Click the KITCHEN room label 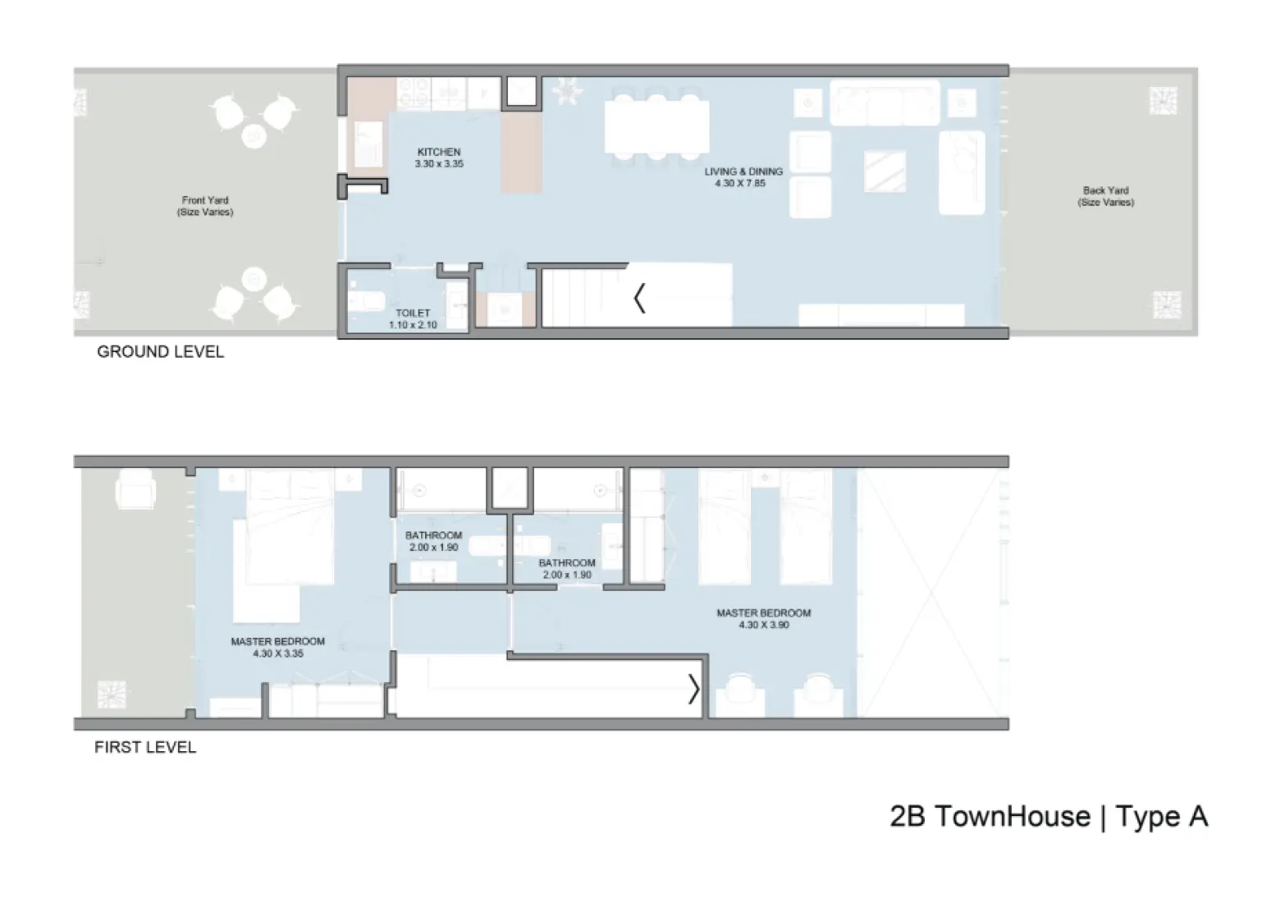pyautogui.click(x=439, y=152)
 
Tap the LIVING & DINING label pyautogui.click(x=743, y=172)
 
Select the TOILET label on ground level pyautogui.click(x=413, y=313)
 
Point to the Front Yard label pyautogui.click(x=205, y=200)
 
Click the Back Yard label pyautogui.click(x=1105, y=190)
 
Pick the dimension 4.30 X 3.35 pyautogui.click(x=278, y=653)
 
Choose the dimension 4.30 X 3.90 pyautogui.click(x=763, y=625)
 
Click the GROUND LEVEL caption pyautogui.click(x=160, y=351)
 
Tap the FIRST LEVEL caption pyautogui.click(x=145, y=747)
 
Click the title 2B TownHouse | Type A pyautogui.click(x=1048, y=816)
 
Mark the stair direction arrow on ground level pyautogui.click(x=640, y=298)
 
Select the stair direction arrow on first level pyautogui.click(x=693, y=689)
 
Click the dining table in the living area pyautogui.click(x=656, y=126)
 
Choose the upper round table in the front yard pyautogui.click(x=254, y=135)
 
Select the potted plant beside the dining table pyautogui.click(x=566, y=90)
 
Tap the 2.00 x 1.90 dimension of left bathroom pyautogui.click(x=433, y=548)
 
